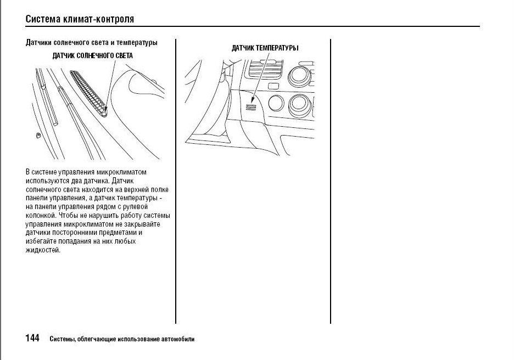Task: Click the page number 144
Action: pos(32,338)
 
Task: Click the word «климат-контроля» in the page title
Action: pos(102,19)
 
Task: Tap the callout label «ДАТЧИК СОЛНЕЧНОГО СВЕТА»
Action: pos(92,55)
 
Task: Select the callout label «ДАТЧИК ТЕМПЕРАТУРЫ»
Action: pos(265,48)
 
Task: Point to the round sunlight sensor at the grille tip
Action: pos(104,114)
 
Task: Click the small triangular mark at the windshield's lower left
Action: pos(38,135)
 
